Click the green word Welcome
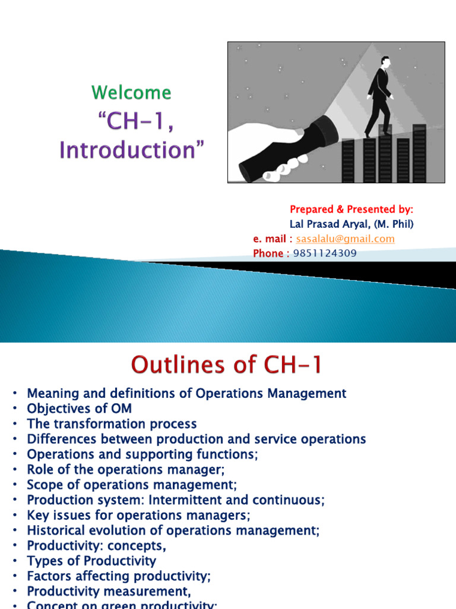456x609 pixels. tap(131, 93)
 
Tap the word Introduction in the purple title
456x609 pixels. tap(135, 149)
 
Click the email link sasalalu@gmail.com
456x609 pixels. tap(345, 239)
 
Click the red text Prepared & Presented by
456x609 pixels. tap(351, 209)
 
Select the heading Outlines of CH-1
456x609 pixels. tap(226, 364)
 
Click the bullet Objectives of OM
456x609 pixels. tap(79, 409)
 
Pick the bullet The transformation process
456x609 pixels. tap(112, 424)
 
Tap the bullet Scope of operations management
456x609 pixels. tap(132, 485)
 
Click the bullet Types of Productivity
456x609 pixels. tap(91, 561)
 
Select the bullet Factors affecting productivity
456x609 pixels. tap(119, 576)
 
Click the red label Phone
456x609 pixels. tap(268, 253)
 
